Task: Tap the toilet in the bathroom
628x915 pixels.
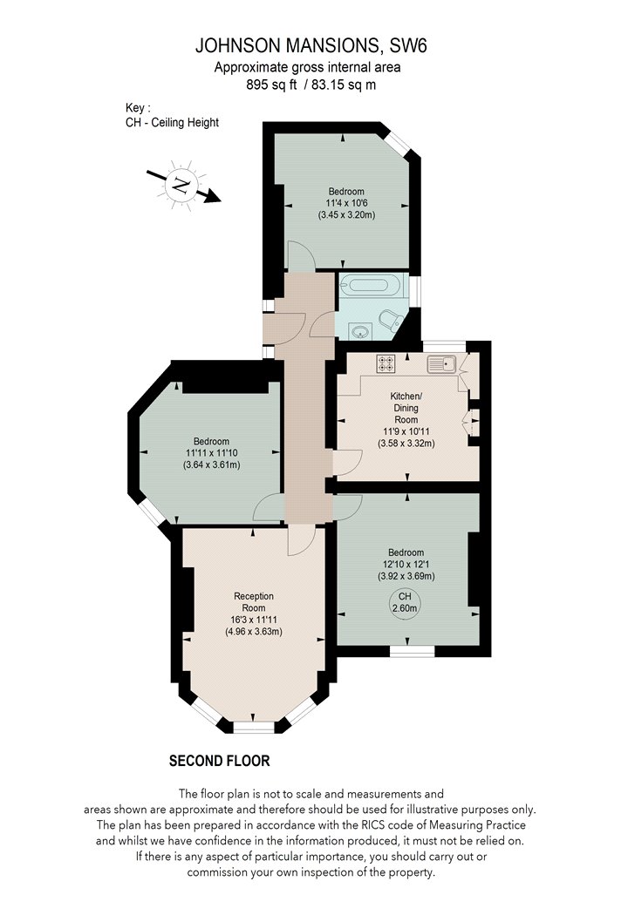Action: (x=390, y=319)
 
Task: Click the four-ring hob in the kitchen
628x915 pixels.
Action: (x=386, y=363)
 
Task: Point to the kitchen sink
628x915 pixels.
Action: (x=441, y=364)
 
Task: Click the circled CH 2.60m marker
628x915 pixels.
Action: (x=405, y=603)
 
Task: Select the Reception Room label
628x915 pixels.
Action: (x=254, y=601)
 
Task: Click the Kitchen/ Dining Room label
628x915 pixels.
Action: (x=406, y=408)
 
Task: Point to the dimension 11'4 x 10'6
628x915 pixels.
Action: (x=346, y=203)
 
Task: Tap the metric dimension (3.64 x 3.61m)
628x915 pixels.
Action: (x=211, y=465)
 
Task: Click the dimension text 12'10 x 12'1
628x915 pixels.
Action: (x=406, y=565)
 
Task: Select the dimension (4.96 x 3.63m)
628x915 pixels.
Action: (x=254, y=632)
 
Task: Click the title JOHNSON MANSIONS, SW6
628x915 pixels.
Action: (x=311, y=45)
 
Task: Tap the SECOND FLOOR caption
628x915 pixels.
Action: (x=220, y=761)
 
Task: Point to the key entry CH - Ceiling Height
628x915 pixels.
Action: (x=173, y=123)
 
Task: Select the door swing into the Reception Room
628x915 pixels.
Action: (x=302, y=539)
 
